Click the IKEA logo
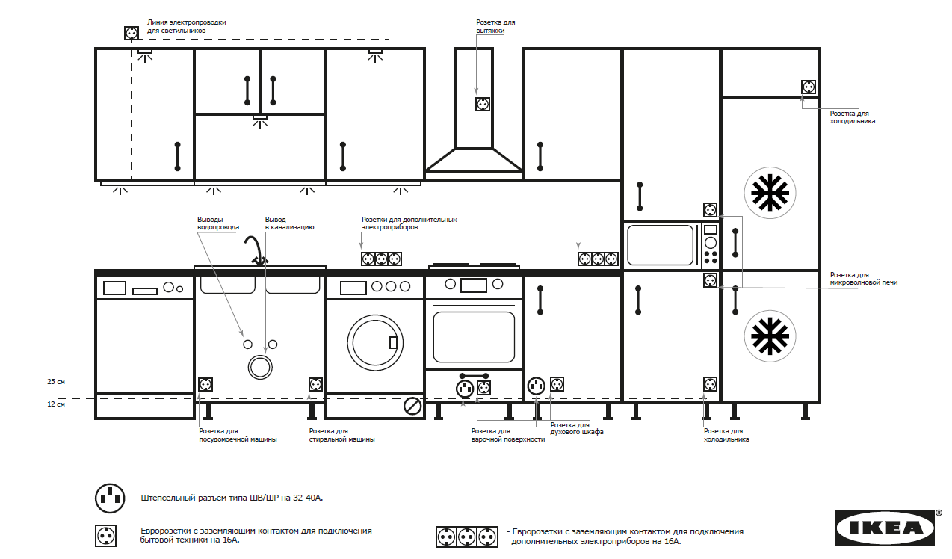885,528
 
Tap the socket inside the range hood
483,104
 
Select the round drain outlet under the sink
260,367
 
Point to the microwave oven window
661,244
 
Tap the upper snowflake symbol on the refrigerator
770,192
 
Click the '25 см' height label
56,382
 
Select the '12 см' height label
56,404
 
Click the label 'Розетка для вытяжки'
495,27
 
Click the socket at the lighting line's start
132,33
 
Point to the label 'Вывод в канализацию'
289,223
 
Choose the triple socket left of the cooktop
381,259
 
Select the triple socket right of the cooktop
599,259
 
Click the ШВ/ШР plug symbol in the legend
110,497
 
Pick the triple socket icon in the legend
467,537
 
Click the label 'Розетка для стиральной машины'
341,436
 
